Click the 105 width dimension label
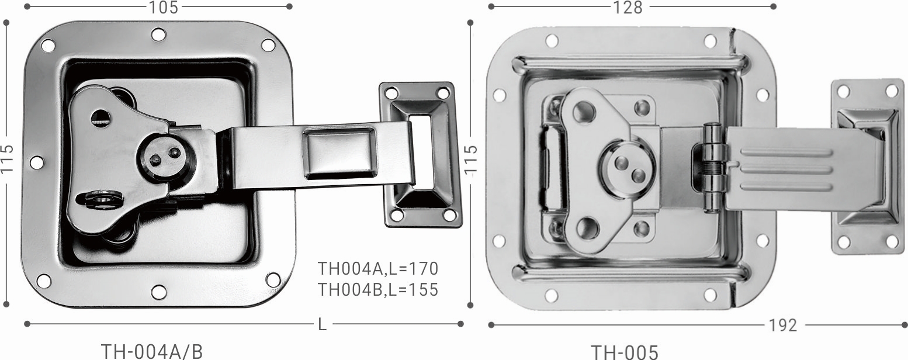click(x=164, y=7)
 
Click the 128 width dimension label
click(x=628, y=7)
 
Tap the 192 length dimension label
click(x=783, y=326)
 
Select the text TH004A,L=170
click(x=378, y=269)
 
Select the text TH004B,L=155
click(x=378, y=290)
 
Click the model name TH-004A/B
click(x=151, y=352)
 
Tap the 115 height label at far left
click(x=7, y=160)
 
